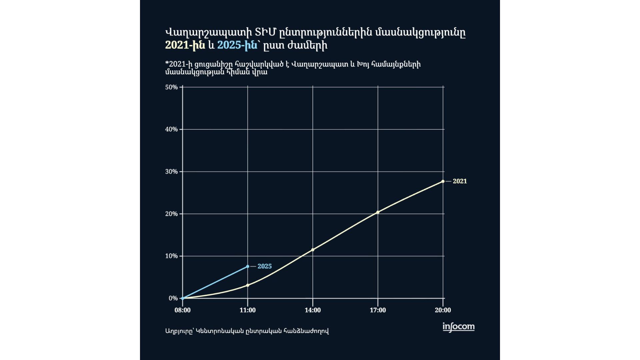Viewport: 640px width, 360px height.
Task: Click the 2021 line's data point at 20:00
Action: (443, 181)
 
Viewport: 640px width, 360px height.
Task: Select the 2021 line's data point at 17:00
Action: (378, 212)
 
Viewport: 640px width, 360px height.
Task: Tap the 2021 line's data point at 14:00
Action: (313, 250)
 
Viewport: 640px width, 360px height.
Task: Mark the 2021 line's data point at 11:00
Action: (248, 285)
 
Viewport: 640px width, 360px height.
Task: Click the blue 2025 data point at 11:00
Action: (248, 266)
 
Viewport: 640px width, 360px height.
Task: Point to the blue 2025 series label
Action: (264, 266)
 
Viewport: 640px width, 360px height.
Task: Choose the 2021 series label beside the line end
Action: (460, 181)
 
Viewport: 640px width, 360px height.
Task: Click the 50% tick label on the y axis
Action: (171, 87)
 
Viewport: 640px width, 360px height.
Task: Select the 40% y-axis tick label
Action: (171, 129)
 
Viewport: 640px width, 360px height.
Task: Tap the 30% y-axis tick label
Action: (171, 172)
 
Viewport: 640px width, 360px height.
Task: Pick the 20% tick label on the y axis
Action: (171, 214)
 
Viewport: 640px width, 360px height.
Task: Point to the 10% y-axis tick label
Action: (171, 256)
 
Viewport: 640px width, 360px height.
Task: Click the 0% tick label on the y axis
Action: (173, 298)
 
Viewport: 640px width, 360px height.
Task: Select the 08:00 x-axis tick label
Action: (183, 310)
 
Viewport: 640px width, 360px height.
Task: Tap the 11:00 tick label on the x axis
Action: (248, 310)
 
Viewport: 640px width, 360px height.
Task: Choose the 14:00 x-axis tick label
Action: (313, 310)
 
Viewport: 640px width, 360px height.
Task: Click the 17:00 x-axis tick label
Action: (378, 310)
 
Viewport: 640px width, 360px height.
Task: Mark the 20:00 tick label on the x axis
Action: (443, 310)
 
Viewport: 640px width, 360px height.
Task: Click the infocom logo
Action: (458, 327)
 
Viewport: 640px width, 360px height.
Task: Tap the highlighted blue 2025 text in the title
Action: (237, 45)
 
